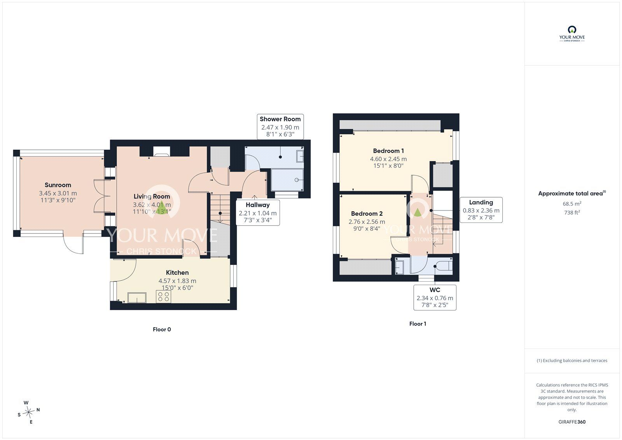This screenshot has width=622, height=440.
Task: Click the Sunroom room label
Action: click(x=58, y=185)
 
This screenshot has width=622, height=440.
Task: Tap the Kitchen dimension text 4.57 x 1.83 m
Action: click(x=177, y=281)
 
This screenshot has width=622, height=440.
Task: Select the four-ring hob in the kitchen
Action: click(x=164, y=296)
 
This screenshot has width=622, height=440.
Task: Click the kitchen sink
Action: click(x=137, y=298)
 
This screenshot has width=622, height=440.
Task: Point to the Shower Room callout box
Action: click(x=280, y=127)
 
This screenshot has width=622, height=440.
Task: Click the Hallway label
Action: click(x=258, y=205)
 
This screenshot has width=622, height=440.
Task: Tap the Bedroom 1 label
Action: click(x=388, y=151)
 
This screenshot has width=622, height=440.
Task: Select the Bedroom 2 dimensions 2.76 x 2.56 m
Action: click(x=367, y=222)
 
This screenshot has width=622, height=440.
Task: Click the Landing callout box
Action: click(x=481, y=210)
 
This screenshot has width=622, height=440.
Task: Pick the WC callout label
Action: click(x=435, y=290)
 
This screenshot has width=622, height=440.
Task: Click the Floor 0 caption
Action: click(x=162, y=330)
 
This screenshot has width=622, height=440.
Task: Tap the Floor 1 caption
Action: click(x=418, y=324)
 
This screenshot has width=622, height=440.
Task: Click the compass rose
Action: click(x=28, y=412)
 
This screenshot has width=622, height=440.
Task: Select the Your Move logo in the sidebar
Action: click(x=572, y=34)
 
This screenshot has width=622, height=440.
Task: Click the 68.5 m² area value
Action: click(x=572, y=204)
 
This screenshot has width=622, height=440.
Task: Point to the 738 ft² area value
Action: click(x=572, y=213)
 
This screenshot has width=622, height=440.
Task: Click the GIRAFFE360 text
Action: click(x=572, y=422)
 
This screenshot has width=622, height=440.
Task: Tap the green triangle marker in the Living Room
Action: click(x=161, y=208)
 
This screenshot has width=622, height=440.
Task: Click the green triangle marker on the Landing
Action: click(x=418, y=213)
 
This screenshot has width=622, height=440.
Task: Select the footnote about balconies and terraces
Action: click(x=572, y=361)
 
